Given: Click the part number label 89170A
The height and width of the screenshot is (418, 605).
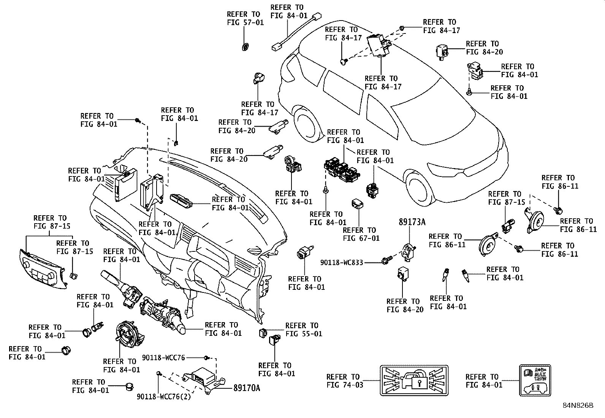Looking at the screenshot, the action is click(247, 388).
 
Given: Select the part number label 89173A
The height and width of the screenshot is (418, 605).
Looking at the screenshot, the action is click(412, 222).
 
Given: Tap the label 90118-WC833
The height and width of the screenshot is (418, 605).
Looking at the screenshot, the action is click(342, 262).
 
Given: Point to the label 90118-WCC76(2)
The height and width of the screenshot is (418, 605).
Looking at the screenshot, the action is click(164, 397).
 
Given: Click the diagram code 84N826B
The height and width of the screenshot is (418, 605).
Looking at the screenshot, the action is click(578, 405).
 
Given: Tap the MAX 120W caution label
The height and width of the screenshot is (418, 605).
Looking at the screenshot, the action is click(535, 380).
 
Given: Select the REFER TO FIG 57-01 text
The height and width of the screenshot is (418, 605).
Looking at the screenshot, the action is click(245, 18).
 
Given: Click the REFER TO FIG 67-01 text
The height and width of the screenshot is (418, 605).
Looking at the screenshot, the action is click(361, 234).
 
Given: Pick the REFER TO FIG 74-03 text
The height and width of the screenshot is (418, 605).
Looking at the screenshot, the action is click(345, 381).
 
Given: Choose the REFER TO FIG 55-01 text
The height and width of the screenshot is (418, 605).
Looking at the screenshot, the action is click(304, 330).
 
